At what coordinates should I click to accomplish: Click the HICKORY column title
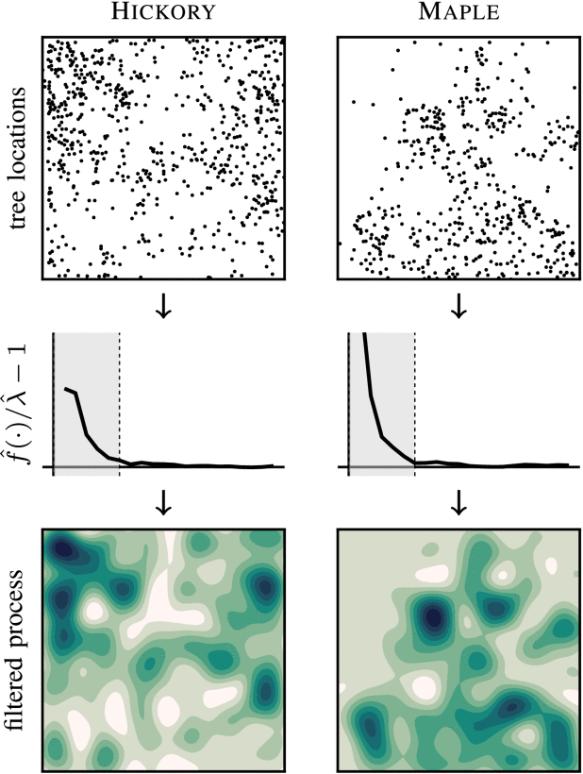pos(162,14)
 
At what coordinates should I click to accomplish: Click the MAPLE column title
pos(458,14)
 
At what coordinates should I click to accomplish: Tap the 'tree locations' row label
pos(15,157)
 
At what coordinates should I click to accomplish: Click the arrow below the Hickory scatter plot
pos(162,308)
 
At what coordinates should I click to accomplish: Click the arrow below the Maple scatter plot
pos(459,308)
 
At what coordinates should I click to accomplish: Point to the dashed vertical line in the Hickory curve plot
pos(120,401)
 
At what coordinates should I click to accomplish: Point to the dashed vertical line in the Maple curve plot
pos(415,401)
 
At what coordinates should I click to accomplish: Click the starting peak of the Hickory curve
pos(65,388)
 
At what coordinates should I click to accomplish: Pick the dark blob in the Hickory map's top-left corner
pos(63,547)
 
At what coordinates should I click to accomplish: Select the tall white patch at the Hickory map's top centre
pos(166,576)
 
